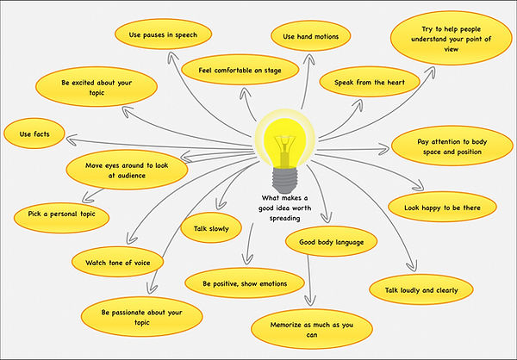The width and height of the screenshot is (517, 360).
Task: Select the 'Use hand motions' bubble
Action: (x=310, y=36)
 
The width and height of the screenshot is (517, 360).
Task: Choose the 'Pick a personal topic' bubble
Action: (x=62, y=216)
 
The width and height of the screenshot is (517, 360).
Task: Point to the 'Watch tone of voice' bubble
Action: (x=118, y=261)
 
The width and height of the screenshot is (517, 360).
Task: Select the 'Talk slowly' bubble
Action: (x=204, y=228)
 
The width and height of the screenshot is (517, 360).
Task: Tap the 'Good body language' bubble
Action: (x=330, y=242)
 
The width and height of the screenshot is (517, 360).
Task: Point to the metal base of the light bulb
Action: (x=282, y=177)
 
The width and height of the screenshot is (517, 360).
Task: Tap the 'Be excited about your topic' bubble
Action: (x=97, y=89)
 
